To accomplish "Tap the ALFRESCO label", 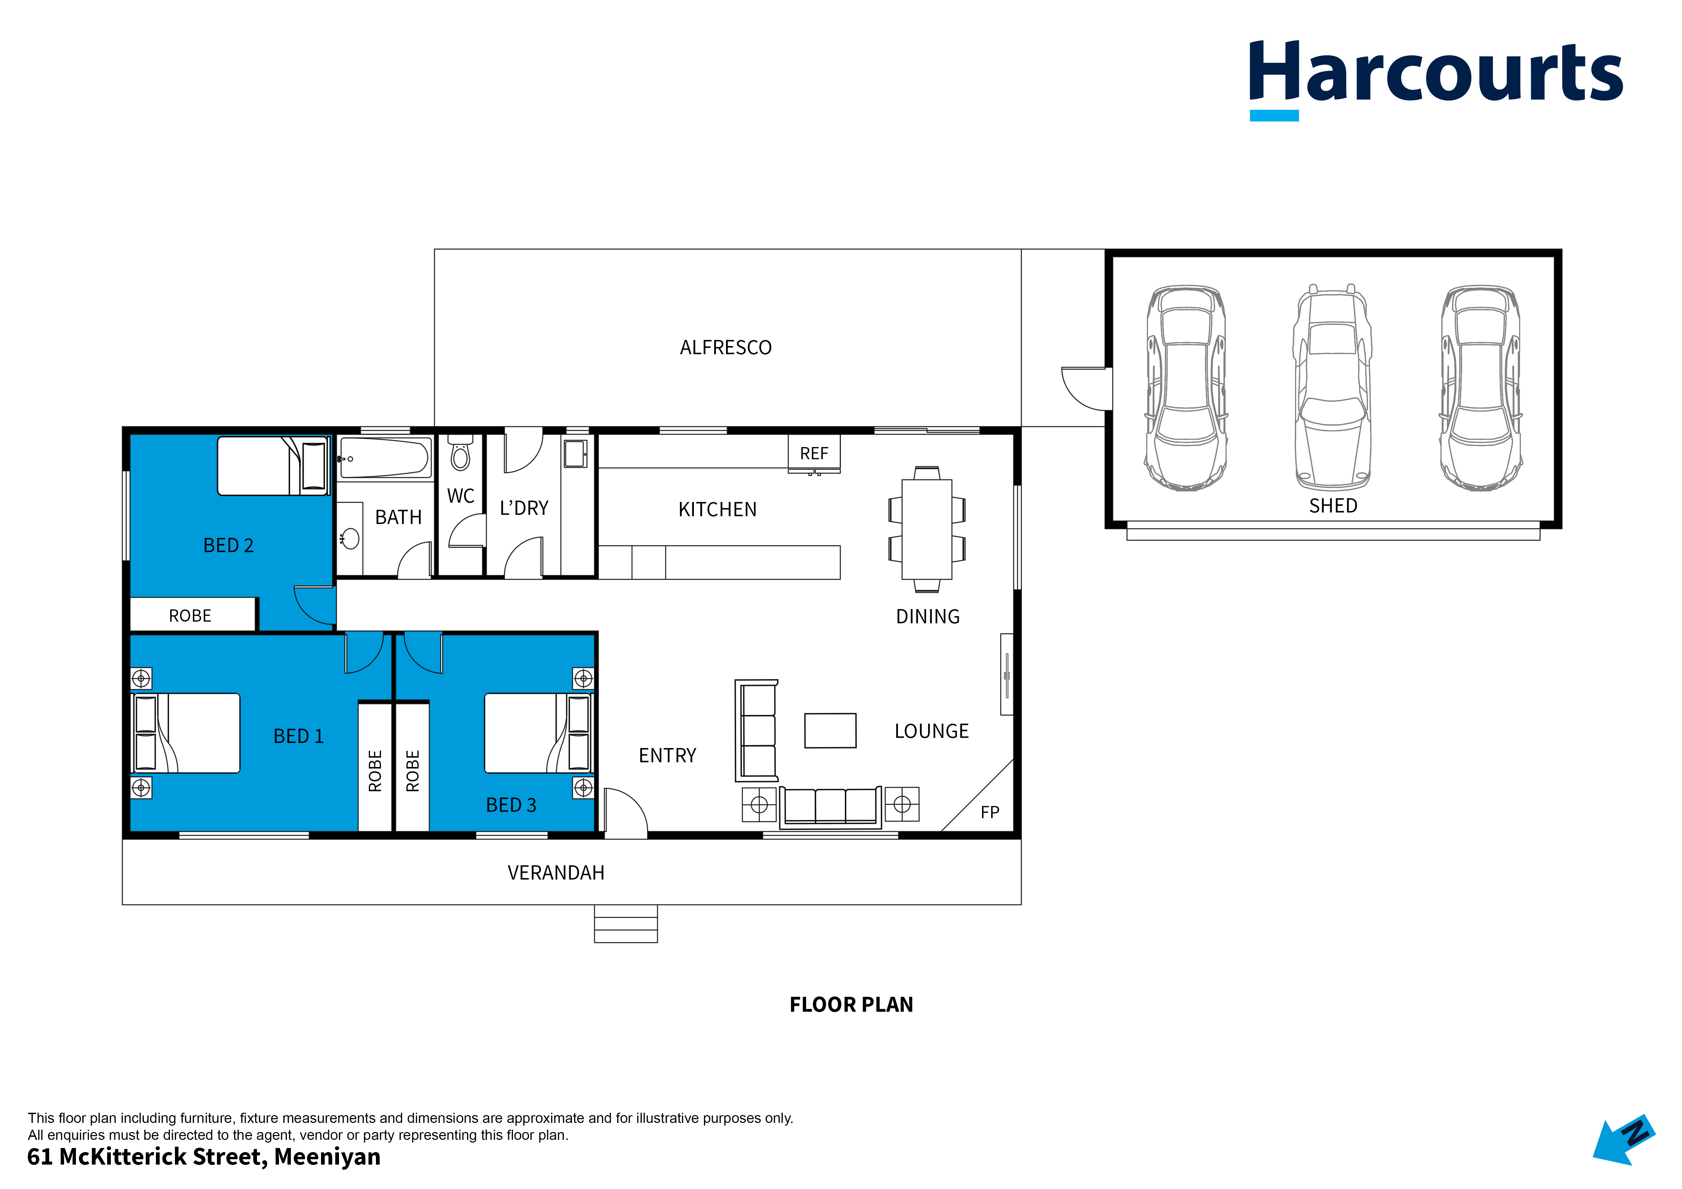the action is click(725, 347).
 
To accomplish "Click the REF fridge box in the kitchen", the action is click(814, 454).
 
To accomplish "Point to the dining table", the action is click(927, 529).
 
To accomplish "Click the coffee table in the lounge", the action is click(830, 730).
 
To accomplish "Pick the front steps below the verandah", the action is click(626, 924).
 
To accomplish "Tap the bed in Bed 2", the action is click(273, 466).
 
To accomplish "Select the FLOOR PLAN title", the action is click(851, 1004).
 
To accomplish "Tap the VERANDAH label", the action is click(556, 872).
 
